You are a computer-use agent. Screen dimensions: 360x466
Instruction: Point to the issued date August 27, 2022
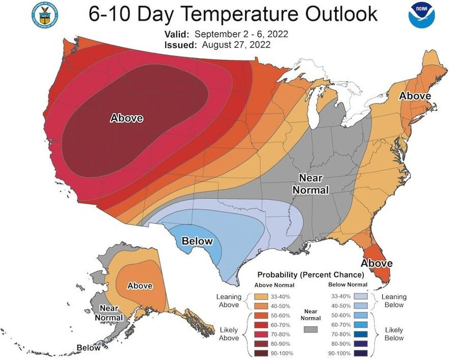[236, 45]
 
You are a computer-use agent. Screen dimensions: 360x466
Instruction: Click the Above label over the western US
[126, 117]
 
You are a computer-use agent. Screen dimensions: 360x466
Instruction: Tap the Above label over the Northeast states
[415, 96]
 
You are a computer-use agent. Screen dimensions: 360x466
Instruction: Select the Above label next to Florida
[377, 263]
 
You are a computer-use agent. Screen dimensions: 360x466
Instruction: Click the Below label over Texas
[197, 241]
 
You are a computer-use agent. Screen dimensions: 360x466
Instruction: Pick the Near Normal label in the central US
[311, 184]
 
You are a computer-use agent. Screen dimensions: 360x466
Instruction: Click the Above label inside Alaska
[140, 285]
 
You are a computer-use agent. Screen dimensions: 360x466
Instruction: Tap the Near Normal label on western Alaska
[109, 313]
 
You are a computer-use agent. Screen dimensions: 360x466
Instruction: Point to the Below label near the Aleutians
[89, 348]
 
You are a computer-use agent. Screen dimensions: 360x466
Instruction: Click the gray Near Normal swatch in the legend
[311, 329]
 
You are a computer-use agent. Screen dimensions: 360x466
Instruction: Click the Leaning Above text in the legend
[229, 301]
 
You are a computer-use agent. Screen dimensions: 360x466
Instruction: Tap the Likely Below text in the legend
[394, 334]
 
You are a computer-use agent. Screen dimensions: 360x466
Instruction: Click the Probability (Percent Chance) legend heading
[311, 275]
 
